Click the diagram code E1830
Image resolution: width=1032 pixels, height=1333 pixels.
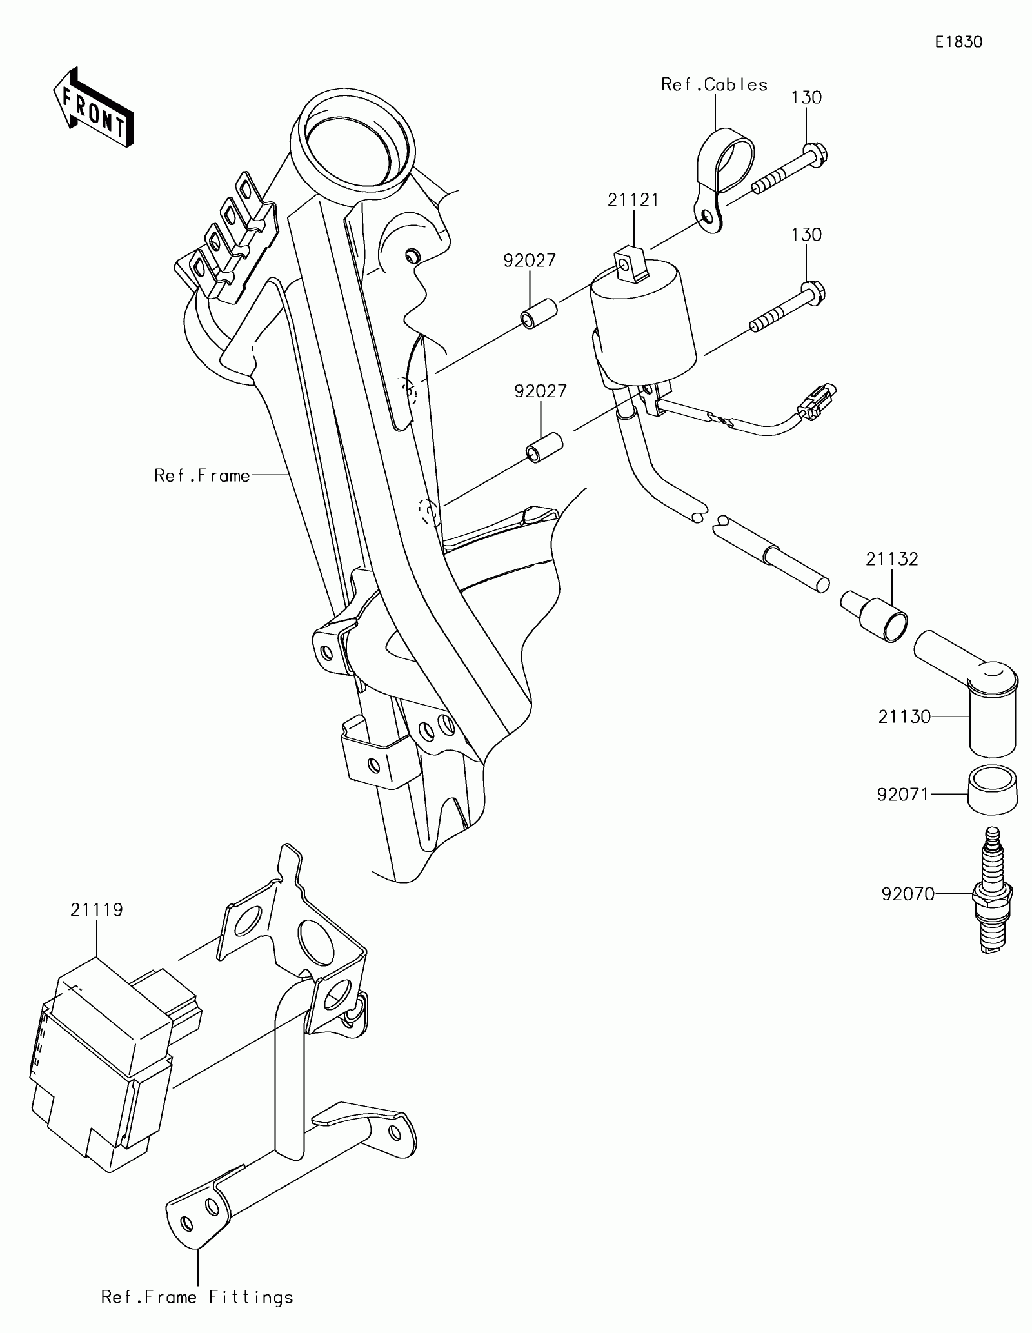click(x=959, y=43)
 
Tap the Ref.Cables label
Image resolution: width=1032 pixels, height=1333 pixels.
click(x=715, y=85)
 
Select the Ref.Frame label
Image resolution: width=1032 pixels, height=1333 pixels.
click(x=202, y=476)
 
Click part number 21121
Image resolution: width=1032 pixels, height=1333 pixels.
click(x=633, y=200)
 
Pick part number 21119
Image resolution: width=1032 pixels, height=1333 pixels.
click(x=97, y=910)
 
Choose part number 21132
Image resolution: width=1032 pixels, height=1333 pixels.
click(x=892, y=558)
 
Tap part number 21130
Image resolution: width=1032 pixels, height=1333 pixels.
click(x=904, y=716)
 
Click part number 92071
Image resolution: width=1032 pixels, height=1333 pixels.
click(x=903, y=795)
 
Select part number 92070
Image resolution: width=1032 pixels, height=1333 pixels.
click(x=908, y=894)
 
